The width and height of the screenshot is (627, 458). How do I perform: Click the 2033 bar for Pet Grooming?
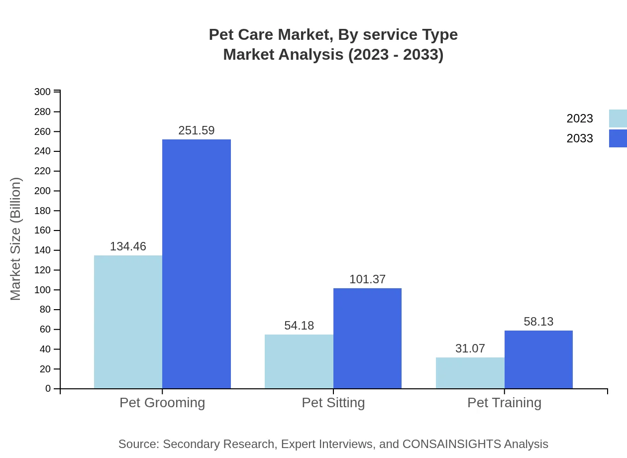click(x=197, y=264)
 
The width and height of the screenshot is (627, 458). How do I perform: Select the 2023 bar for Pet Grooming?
click(x=128, y=322)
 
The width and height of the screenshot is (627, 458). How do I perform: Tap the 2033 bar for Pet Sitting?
click(x=367, y=339)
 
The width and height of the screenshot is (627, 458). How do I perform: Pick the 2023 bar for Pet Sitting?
click(x=299, y=361)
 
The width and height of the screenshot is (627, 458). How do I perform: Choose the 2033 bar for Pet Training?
click(x=538, y=359)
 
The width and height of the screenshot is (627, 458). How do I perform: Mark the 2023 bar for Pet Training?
click(x=470, y=373)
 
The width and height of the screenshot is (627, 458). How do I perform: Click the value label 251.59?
click(x=197, y=130)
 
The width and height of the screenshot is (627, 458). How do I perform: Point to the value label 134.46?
click(x=128, y=246)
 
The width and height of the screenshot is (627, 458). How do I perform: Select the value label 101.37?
click(x=367, y=279)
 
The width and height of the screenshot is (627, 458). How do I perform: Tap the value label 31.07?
click(x=470, y=348)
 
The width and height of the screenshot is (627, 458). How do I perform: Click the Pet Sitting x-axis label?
click(x=333, y=402)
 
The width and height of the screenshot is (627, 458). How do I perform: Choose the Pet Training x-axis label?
click(x=504, y=402)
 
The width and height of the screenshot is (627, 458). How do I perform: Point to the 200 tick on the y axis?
click(x=43, y=191)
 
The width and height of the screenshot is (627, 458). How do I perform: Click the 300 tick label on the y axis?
click(x=43, y=92)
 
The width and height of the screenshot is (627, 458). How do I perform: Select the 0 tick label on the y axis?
click(x=48, y=389)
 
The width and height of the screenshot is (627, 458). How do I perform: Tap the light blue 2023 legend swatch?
click(x=618, y=118)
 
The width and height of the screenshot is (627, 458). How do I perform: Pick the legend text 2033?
click(x=580, y=138)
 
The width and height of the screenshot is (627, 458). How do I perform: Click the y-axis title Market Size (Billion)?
click(x=16, y=239)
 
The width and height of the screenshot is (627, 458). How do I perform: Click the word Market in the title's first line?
click(x=306, y=35)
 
